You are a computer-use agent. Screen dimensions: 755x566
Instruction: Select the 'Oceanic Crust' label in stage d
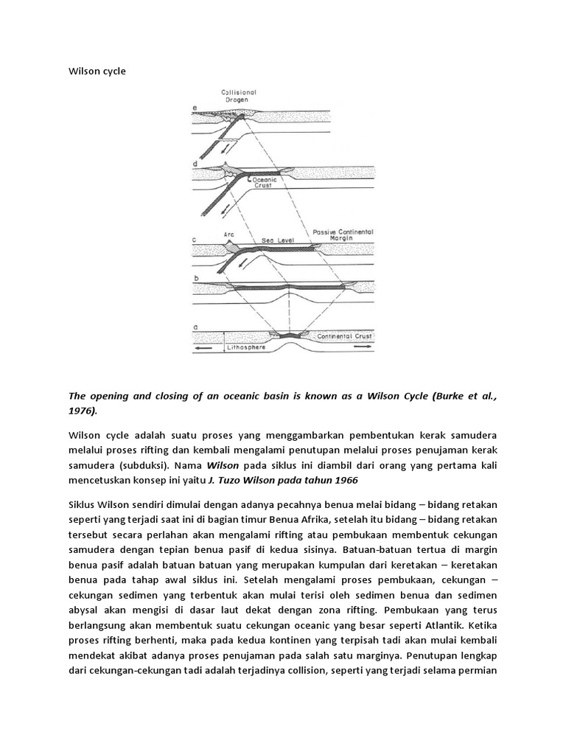pos(265,181)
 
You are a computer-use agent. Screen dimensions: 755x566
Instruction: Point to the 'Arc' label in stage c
pos(228,235)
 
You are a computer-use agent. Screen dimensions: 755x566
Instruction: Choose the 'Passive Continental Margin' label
pos(343,234)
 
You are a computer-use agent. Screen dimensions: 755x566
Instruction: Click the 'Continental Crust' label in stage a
pos(345,336)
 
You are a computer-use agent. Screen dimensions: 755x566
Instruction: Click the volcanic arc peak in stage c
pos(227,244)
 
